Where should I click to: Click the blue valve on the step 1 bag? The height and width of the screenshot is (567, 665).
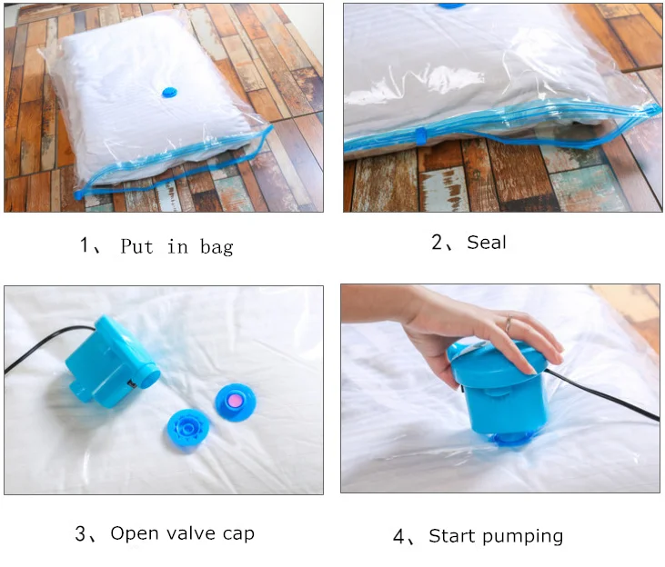[x=169, y=93]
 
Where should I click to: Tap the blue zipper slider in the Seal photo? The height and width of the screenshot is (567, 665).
[x=420, y=136]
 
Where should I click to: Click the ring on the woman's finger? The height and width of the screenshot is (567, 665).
[x=508, y=324]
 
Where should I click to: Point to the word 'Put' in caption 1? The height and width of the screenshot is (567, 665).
[x=136, y=245]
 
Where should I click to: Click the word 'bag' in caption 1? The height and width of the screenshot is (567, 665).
[x=217, y=247]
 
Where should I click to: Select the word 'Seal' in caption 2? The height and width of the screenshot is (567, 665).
[x=487, y=243]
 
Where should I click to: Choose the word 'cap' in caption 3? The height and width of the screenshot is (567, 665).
[x=238, y=534]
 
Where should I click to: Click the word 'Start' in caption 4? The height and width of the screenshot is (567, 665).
[x=453, y=535]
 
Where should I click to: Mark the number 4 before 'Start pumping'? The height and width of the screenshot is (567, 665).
[x=399, y=536]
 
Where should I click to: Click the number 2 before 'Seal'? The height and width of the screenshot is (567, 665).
[x=438, y=242]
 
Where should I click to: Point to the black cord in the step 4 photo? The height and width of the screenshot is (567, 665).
[x=602, y=395]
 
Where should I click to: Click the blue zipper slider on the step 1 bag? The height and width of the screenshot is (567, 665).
[x=79, y=195]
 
